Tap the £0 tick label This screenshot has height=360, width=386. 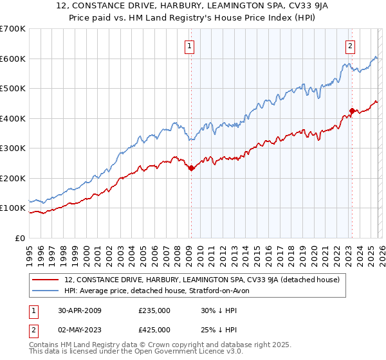19,239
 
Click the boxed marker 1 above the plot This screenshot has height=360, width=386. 191,46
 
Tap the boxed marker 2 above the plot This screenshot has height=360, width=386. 350,46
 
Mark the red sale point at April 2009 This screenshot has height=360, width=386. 191,168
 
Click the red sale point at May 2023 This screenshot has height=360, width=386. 351,111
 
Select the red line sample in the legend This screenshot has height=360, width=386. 46,280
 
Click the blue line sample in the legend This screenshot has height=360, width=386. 46,291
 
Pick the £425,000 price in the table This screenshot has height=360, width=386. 154,329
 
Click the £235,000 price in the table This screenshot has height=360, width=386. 154,310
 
